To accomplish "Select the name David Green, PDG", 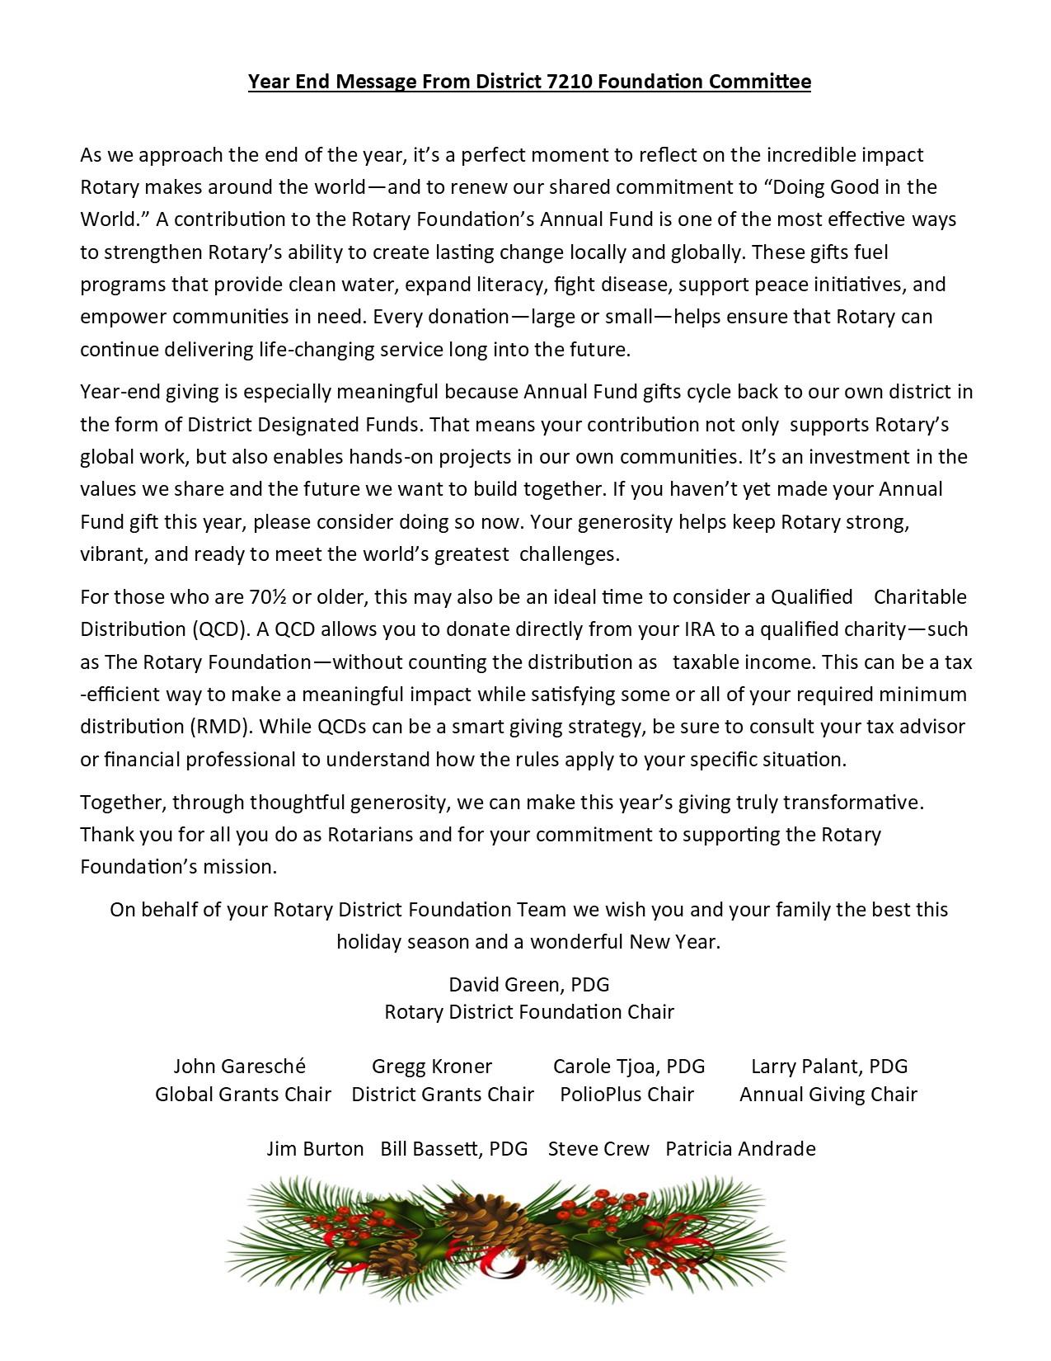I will tap(529, 984).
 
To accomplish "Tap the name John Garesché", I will tap(239, 1067).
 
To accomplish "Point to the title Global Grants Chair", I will tap(243, 1095).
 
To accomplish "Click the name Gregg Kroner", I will tap(432, 1067).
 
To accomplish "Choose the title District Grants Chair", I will tap(443, 1095).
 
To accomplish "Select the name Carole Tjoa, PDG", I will tap(629, 1067).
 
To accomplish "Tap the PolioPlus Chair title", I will tap(627, 1095).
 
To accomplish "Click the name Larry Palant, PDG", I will tap(829, 1067).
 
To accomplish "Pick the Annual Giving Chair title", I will tap(828, 1095).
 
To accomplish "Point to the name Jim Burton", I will tap(315, 1149).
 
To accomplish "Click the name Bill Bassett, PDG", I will tap(454, 1149).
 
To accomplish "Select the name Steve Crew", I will tap(598, 1149).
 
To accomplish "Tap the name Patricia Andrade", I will tap(740, 1149).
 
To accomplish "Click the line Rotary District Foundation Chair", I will tap(529, 1012).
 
